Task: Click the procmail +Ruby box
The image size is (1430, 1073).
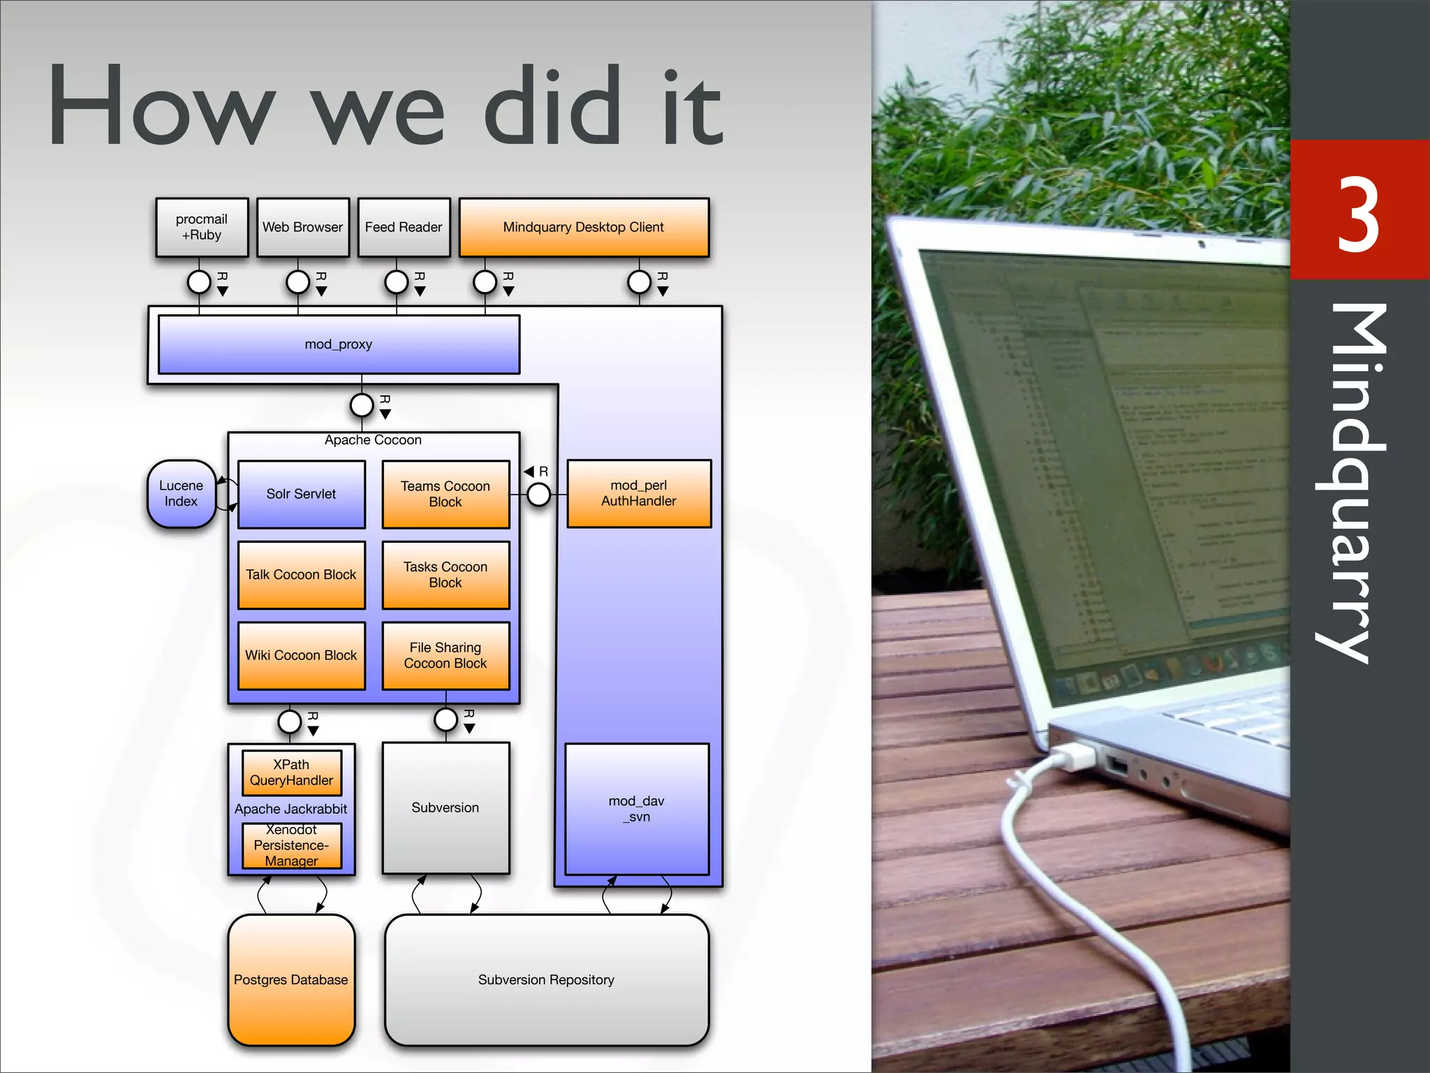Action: (x=202, y=228)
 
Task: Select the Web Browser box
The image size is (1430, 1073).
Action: (x=303, y=228)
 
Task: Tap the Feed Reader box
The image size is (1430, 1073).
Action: (x=404, y=228)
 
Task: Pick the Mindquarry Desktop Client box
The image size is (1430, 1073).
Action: (x=584, y=228)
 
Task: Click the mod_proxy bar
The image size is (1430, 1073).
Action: (x=339, y=344)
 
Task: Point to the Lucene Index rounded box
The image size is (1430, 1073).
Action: (x=181, y=494)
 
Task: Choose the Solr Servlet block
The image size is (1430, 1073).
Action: (x=301, y=495)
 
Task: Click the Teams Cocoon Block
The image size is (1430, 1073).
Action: (x=445, y=495)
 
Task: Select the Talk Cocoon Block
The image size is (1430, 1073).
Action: (x=301, y=575)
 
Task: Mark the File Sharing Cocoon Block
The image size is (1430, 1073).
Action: (x=445, y=656)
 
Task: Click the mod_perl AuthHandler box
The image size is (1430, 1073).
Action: (x=639, y=494)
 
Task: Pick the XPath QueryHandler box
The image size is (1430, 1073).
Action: (x=291, y=773)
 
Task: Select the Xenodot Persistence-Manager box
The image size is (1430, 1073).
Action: (x=291, y=846)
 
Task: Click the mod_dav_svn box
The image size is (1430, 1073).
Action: (x=637, y=809)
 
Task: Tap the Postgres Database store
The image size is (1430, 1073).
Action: (x=291, y=980)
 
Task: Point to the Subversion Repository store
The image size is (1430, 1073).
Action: (x=547, y=980)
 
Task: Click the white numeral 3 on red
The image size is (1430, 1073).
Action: (x=1358, y=214)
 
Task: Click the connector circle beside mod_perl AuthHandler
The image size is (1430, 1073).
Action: (x=538, y=495)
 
